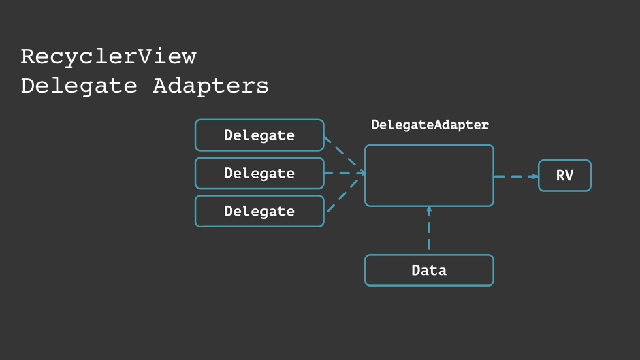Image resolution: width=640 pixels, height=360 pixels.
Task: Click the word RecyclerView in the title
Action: pos(108,56)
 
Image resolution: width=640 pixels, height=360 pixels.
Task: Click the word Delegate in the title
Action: pos(79,86)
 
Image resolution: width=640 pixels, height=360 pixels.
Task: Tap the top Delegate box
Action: pos(259,135)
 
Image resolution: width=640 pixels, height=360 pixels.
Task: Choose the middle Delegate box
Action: pos(259,174)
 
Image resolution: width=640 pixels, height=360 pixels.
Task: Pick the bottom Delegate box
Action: pos(259,212)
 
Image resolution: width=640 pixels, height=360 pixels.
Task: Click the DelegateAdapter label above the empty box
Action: pos(430,125)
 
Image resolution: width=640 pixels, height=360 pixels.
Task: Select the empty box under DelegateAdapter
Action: pos(429,175)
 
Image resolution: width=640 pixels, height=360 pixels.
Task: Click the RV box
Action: pos(564,176)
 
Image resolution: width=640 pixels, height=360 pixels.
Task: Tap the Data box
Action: pos(429,270)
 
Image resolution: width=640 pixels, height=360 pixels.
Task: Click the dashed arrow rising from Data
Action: pos(429,231)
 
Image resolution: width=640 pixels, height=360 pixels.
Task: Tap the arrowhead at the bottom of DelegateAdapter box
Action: pos(429,210)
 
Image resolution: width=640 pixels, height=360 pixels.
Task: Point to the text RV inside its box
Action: pos(564,176)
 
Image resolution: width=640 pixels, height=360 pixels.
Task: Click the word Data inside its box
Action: pos(429,270)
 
